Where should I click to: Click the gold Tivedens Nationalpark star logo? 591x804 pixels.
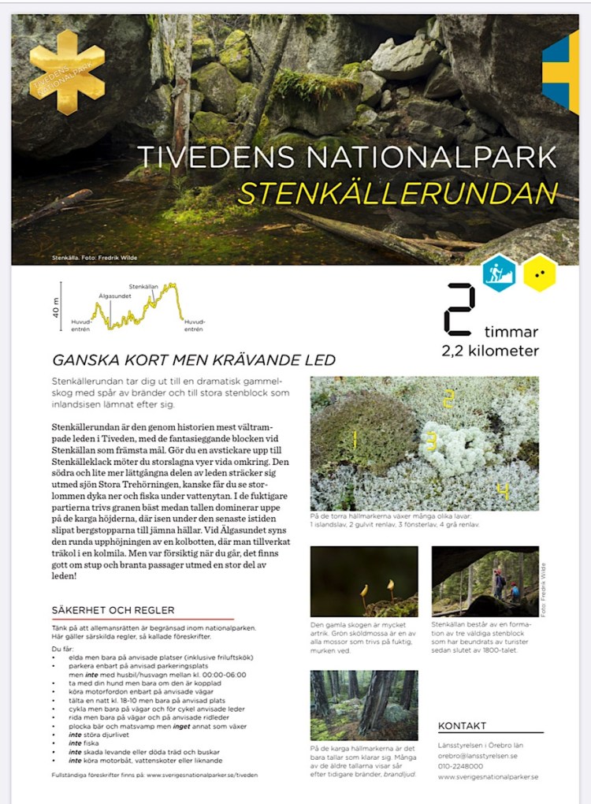coord(66,73)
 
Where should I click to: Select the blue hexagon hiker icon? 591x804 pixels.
coord(500,273)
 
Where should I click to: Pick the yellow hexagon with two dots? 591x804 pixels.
coord(540,274)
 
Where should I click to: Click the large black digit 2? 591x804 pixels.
coord(459,309)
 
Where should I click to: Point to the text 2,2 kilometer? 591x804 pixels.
coord(490,351)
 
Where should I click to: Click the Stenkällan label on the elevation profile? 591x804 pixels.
coord(143,286)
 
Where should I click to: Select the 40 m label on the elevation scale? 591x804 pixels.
coord(56,306)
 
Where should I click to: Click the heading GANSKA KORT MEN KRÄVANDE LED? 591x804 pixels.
coord(194,360)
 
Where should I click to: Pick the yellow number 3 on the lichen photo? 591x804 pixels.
coord(431,441)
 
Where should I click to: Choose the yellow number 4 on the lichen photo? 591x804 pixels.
coord(502,492)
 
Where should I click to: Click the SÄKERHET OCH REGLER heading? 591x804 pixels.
coord(113,610)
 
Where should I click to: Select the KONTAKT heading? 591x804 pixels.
coord(462,726)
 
